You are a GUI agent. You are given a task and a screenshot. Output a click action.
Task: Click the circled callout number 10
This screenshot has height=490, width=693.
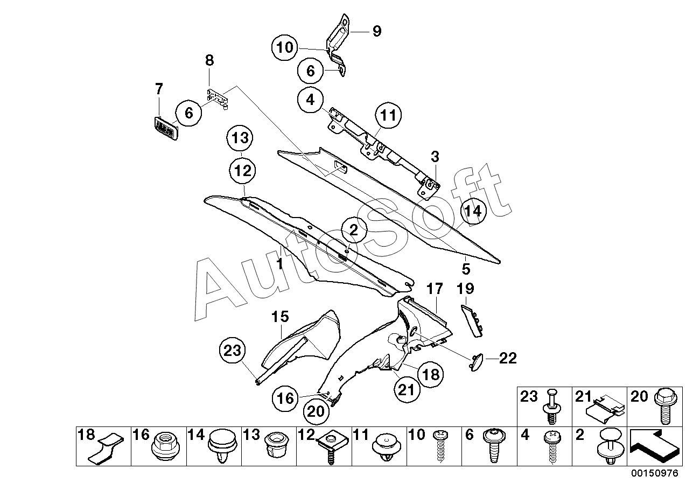[x=285, y=47]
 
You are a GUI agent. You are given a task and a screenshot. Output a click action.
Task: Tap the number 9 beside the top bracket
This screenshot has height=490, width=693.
[x=376, y=31]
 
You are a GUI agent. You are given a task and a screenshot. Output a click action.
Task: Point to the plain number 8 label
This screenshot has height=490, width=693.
[x=209, y=60]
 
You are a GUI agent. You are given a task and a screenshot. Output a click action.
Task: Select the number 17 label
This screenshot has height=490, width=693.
[x=435, y=289]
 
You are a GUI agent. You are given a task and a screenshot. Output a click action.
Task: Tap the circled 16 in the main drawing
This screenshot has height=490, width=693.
[x=285, y=398]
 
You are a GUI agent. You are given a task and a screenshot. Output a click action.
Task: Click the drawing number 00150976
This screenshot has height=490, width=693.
[x=657, y=474]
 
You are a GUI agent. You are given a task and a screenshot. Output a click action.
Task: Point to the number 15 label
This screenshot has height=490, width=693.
[x=280, y=316]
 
